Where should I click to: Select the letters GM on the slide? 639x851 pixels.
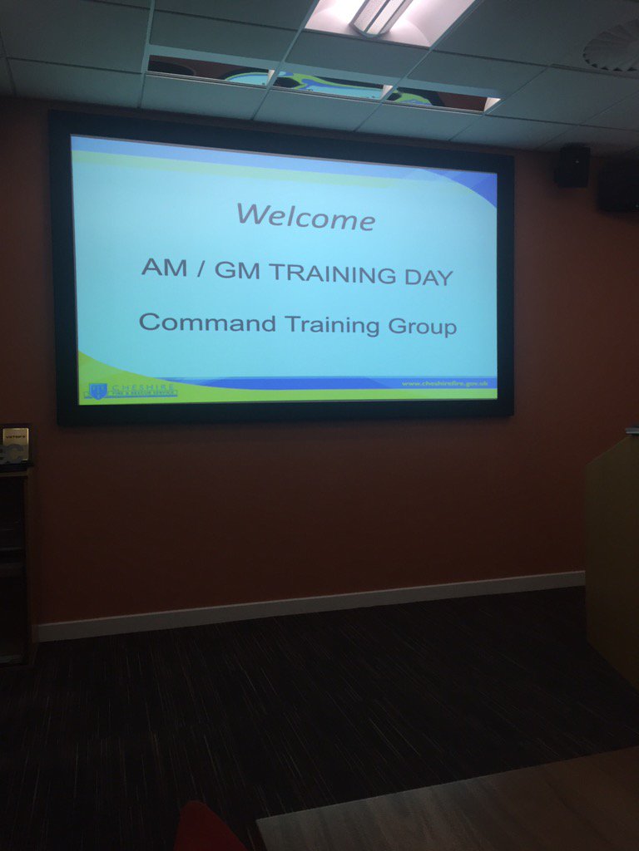click(237, 270)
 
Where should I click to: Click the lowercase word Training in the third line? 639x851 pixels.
click(333, 325)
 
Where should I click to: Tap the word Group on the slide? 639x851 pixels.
click(422, 327)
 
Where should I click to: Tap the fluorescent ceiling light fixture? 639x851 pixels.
click(384, 16)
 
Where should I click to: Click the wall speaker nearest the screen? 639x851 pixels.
click(572, 165)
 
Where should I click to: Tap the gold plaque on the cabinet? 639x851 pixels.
click(15, 443)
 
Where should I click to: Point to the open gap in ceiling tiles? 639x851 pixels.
click(324, 83)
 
